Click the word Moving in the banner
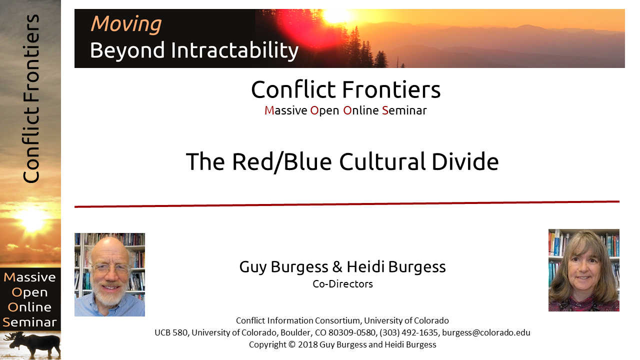click(x=126, y=24)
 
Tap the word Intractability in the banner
click(x=235, y=50)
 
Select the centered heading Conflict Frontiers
click(x=345, y=89)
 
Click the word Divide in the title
click(x=465, y=161)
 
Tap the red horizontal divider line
click(x=347, y=204)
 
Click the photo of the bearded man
click(x=109, y=274)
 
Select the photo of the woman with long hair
click(x=583, y=270)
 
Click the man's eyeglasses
click(x=110, y=269)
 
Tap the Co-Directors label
click(x=342, y=284)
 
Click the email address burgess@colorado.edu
click(x=486, y=332)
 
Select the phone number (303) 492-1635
click(x=408, y=332)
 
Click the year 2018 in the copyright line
click(x=307, y=344)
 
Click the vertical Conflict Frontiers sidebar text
click(x=31, y=98)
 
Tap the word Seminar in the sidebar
click(x=29, y=322)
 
